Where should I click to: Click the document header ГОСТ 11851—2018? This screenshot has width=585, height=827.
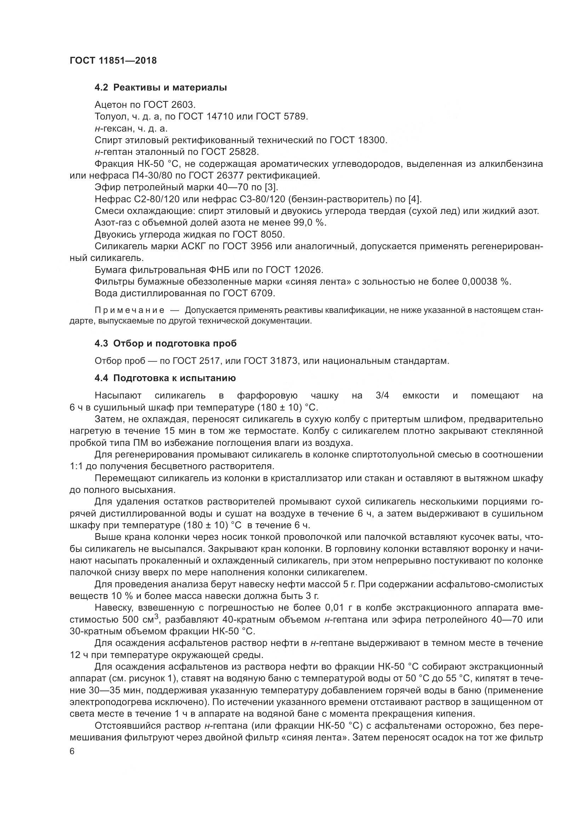tap(113, 60)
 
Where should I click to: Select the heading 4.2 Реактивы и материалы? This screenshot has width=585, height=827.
tap(161, 88)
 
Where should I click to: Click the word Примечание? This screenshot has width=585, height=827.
tap(130, 310)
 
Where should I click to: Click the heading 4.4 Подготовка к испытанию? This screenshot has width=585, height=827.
tap(165, 378)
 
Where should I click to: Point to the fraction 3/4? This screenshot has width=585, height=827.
tap(382, 396)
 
